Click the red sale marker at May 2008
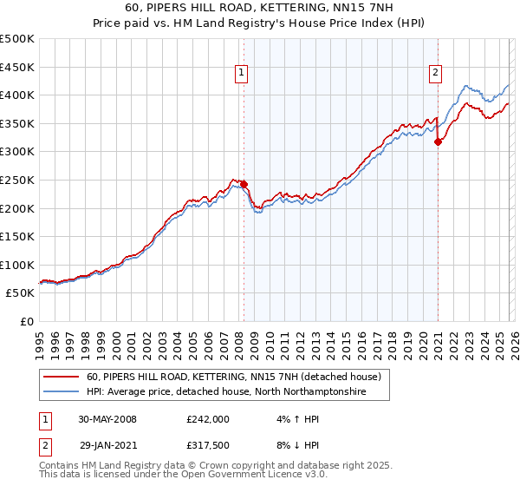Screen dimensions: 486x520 coord(244,184)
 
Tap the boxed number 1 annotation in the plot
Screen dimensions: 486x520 coord(240,74)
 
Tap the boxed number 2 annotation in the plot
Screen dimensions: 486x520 coord(434,74)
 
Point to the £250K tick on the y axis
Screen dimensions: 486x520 coord(18,180)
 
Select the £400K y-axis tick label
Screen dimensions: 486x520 coord(18,95)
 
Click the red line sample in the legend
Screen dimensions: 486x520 coord(62,377)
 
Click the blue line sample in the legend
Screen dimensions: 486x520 coord(62,392)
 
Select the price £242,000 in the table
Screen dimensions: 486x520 coord(207,418)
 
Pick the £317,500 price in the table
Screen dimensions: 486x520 coord(207,444)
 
